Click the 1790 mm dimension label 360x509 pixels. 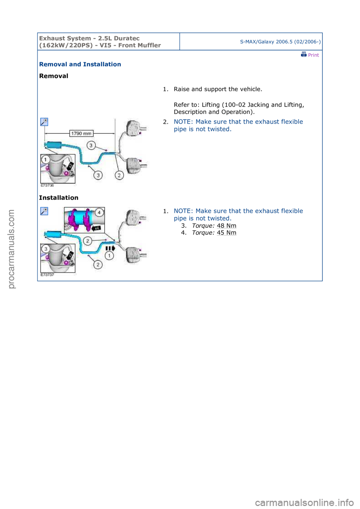81,133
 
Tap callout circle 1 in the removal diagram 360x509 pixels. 46,160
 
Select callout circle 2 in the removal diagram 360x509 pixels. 119,175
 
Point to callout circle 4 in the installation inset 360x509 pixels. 99,213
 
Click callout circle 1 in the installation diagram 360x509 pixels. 109,256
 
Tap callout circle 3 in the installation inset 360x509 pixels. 46,249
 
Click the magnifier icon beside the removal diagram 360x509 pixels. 44,122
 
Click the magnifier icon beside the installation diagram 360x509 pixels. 44,211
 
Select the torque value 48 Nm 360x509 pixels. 226,226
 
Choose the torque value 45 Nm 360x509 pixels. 226,233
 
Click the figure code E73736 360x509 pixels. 47,186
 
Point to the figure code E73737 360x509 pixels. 47,275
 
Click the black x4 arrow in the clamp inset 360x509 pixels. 96,228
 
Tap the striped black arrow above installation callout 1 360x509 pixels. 111,248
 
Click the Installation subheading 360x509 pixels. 58,198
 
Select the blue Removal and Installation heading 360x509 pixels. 80,64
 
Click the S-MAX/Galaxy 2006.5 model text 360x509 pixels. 280,42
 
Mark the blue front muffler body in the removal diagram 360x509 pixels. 54,145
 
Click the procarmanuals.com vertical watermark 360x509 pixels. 11,249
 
